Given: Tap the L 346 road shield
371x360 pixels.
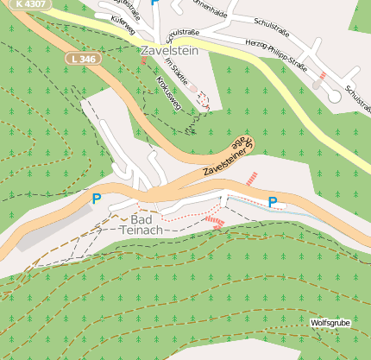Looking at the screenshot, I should (x=83, y=58).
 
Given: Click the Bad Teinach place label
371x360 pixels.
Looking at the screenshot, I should (x=137, y=224).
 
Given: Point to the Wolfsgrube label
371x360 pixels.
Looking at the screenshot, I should (x=330, y=323).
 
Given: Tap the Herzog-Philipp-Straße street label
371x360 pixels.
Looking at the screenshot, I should (x=290, y=54).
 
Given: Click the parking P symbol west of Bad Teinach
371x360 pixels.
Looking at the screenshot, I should (x=97, y=199).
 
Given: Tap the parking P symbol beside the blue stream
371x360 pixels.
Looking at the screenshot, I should (x=273, y=202).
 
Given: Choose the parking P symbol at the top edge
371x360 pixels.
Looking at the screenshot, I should (x=154, y=3).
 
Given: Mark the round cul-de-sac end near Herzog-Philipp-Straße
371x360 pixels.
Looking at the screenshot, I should (x=335, y=97).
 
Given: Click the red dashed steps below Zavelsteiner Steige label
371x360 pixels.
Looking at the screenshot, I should (x=252, y=178).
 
